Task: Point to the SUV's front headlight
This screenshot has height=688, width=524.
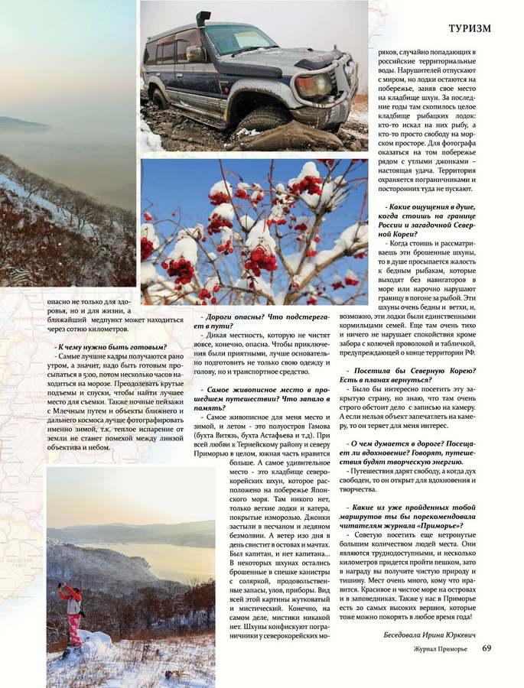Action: coord(314,85)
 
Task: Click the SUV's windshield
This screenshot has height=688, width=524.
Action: coord(238,38)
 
